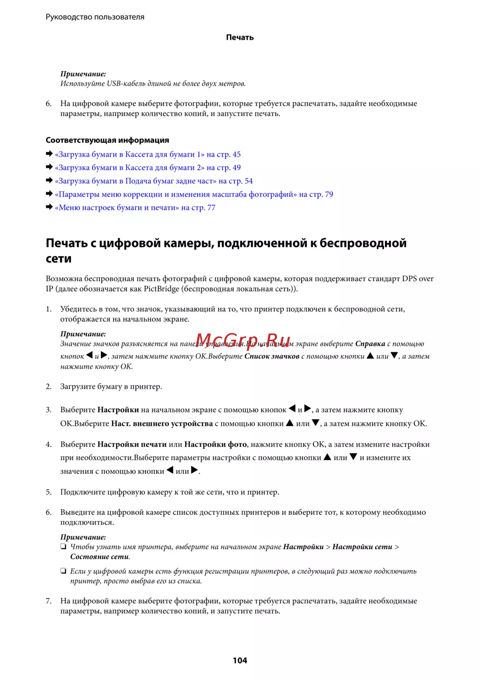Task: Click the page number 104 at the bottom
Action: tap(240, 660)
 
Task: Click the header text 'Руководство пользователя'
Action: tap(95, 17)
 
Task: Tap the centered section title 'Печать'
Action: tap(240, 37)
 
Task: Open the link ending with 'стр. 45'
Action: tap(148, 154)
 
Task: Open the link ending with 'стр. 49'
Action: tap(148, 168)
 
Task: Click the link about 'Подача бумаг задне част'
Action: tap(154, 181)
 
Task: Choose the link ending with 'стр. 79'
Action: tap(194, 195)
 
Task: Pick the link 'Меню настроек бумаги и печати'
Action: tap(135, 208)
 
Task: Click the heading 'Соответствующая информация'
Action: tap(108, 140)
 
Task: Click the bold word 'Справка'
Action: tap(370, 344)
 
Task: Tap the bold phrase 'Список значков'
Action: tap(272, 357)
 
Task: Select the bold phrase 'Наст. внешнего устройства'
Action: tap(162, 424)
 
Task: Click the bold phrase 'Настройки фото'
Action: tap(216, 445)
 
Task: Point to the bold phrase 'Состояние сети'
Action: tap(99, 557)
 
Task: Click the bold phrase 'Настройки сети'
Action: tap(362, 547)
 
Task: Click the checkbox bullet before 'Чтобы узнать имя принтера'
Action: tap(63, 546)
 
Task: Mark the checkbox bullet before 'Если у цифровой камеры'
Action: tap(63, 571)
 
